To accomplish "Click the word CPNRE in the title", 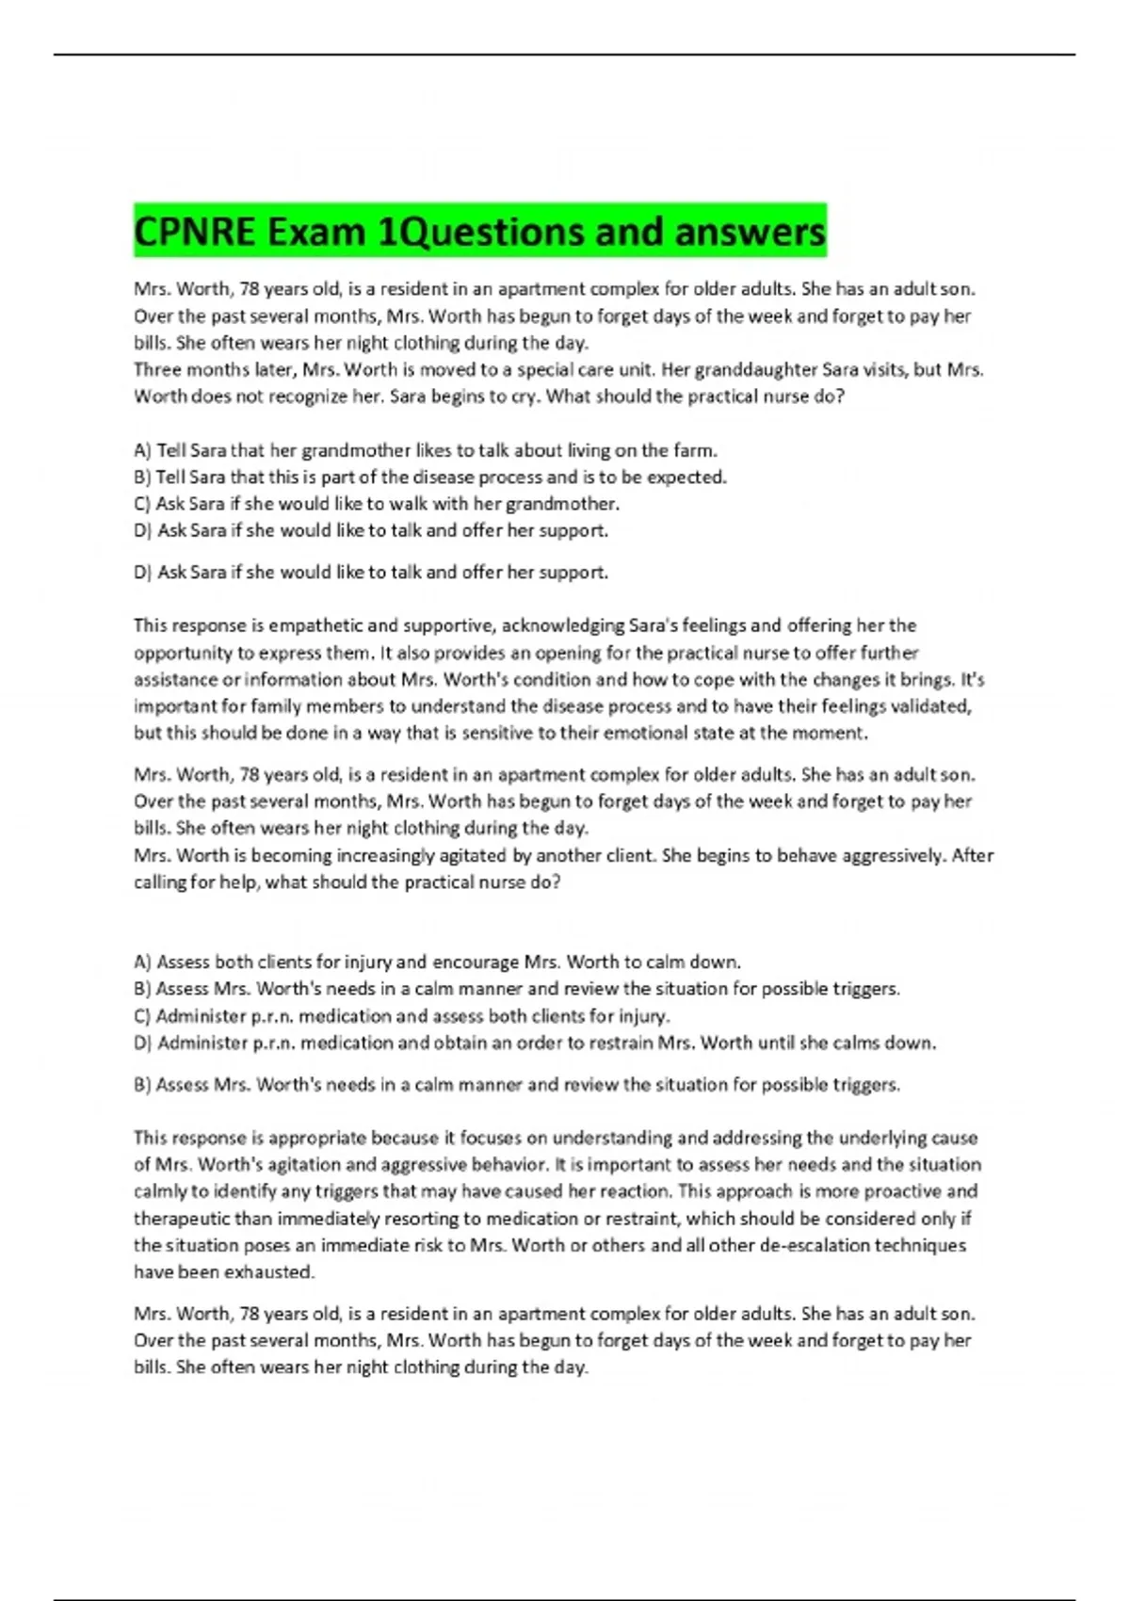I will pos(195,232).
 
